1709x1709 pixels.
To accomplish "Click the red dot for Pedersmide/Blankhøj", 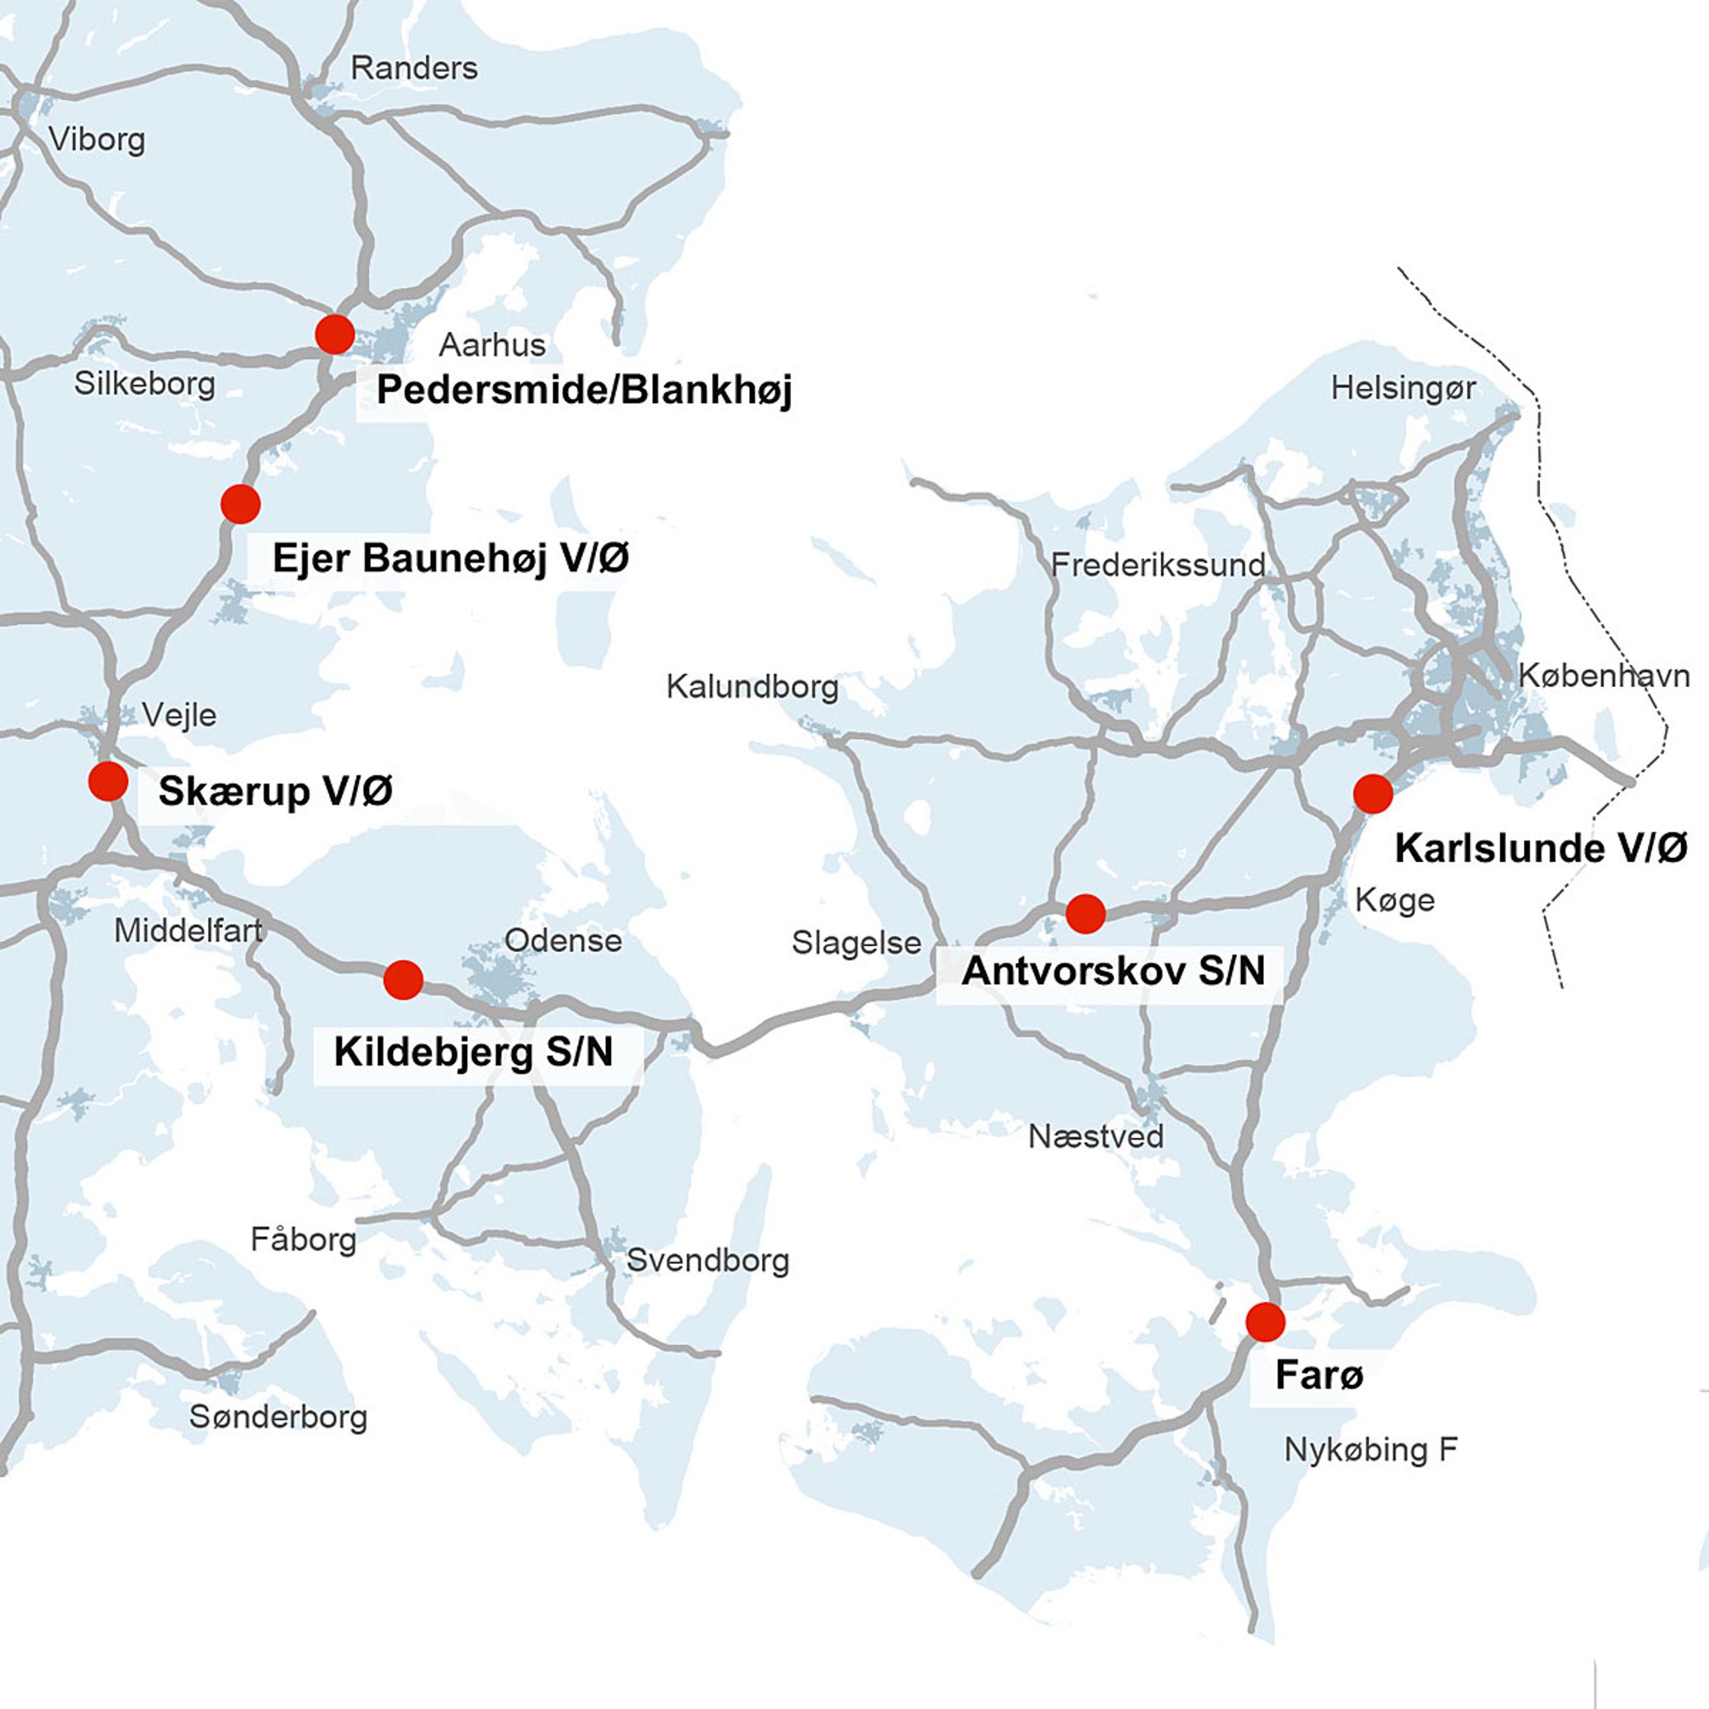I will coord(334,334).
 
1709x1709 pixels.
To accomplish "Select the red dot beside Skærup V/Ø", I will coord(108,781).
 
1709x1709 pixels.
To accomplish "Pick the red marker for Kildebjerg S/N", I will coord(403,979).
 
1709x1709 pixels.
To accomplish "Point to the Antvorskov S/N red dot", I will coord(1085,913).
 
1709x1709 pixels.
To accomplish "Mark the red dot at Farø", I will coord(1265,1322).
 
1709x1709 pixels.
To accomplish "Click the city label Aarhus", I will coord(492,345).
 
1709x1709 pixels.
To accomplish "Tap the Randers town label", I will coord(414,68).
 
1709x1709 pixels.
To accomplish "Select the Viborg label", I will coord(96,139).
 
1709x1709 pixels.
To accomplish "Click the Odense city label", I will coord(563,940).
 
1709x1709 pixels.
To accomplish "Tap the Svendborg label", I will coord(707,1261).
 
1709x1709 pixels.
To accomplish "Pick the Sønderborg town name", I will coord(278,1417).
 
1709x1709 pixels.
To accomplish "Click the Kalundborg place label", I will coord(752,687).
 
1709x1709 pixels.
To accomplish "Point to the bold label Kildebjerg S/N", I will coord(474,1052).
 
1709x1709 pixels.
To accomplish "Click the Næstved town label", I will coord(1096,1137).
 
